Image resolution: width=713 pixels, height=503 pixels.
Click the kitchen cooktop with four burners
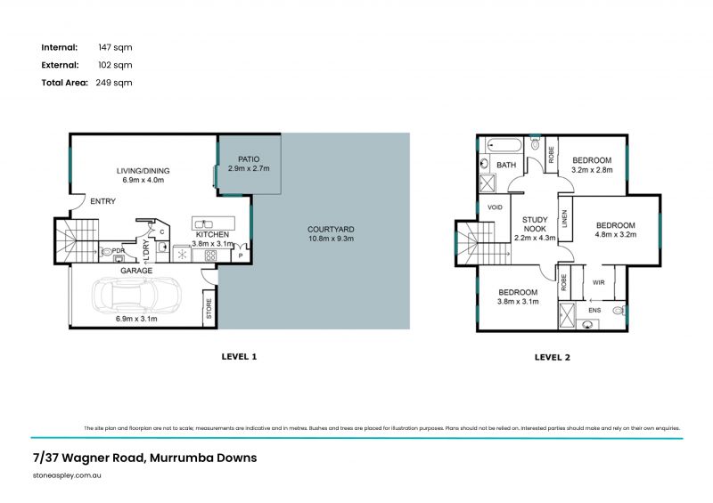pyautogui.click(x=210, y=255)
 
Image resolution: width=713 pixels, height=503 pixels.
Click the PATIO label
pyautogui.click(x=248, y=158)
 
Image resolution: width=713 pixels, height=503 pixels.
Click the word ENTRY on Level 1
pyautogui.click(x=102, y=201)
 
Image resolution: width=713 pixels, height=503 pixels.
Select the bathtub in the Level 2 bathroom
pyautogui.click(x=496, y=145)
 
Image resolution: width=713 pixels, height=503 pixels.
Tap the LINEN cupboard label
pyautogui.click(x=564, y=219)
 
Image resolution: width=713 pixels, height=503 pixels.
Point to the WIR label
pyautogui.click(x=599, y=283)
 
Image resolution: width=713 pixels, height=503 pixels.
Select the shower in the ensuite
pyautogui.click(x=565, y=312)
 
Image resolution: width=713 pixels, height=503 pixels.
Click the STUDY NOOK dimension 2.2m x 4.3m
pyautogui.click(x=535, y=238)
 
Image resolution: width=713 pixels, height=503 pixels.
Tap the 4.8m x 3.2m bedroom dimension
pyautogui.click(x=615, y=235)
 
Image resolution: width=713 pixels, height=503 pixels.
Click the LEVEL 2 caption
pyautogui.click(x=552, y=357)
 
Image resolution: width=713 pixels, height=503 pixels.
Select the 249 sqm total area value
pyautogui.click(x=114, y=82)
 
